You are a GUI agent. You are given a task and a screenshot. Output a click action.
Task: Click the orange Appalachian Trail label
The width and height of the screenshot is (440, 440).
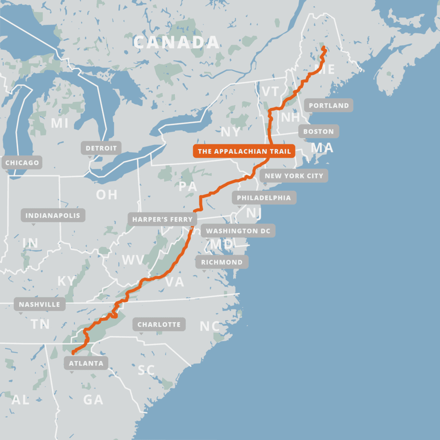[244, 151]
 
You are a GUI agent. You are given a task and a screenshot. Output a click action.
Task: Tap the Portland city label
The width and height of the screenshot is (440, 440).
[329, 105]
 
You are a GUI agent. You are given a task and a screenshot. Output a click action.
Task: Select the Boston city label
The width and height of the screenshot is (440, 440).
[318, 131]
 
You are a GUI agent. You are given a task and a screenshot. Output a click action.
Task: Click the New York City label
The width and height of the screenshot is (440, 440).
[294, 176]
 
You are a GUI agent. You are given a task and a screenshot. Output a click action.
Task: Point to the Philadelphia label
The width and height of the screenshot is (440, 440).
[264, 198]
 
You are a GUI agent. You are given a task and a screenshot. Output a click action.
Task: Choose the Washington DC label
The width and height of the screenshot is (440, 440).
[238, 231]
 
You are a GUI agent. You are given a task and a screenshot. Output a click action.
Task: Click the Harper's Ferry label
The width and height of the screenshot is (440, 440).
[162, 219]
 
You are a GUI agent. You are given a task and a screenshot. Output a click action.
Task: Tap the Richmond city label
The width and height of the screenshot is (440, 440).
[222, 262]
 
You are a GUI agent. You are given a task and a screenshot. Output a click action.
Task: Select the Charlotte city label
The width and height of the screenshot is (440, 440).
[159, 324]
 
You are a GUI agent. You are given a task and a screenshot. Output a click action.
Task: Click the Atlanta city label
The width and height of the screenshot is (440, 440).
[86, 363]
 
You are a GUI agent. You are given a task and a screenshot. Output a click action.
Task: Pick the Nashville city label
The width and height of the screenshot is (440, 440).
[40, 305]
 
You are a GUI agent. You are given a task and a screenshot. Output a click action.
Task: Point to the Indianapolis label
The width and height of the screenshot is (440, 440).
[53, 215]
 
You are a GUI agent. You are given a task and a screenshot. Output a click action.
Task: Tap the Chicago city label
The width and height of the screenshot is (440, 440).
[22, 163]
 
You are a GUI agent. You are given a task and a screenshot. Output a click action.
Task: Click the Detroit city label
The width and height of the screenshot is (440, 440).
[101, 148]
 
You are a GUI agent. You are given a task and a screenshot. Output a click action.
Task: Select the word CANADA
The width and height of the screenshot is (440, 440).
[176, 43]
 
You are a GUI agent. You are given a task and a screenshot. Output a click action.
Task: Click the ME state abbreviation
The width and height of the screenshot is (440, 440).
[324, 69]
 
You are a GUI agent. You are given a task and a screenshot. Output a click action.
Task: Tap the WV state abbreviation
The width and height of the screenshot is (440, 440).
[133, 260]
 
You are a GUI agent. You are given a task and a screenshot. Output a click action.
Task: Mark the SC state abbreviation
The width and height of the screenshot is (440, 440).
[146, 370]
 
